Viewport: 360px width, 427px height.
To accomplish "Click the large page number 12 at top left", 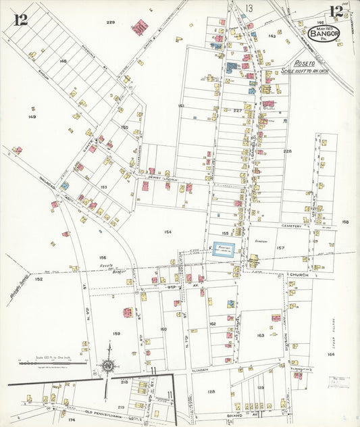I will coord(21,19).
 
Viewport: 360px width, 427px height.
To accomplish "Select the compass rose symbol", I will coord(107,366).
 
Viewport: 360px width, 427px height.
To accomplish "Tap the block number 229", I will coord(111,22).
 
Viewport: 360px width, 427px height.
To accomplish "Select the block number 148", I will coord(63,61).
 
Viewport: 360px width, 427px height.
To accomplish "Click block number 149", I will coord(32,117).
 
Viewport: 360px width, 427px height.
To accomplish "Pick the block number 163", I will coord(261,335).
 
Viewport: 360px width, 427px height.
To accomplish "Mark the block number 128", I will coord(211,391).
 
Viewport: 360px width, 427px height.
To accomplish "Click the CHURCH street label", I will coord(298,275).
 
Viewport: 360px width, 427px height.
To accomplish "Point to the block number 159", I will coord(116,333).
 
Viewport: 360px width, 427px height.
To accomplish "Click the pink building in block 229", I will coord(140,28).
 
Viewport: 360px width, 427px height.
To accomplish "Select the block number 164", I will coord(331,354).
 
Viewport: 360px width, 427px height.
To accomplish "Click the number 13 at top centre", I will coord(249,8).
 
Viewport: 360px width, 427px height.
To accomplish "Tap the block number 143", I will coord(272,35).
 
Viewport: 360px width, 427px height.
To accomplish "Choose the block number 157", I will coord(280,248).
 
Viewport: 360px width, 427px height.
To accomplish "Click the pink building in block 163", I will coord(276,318).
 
